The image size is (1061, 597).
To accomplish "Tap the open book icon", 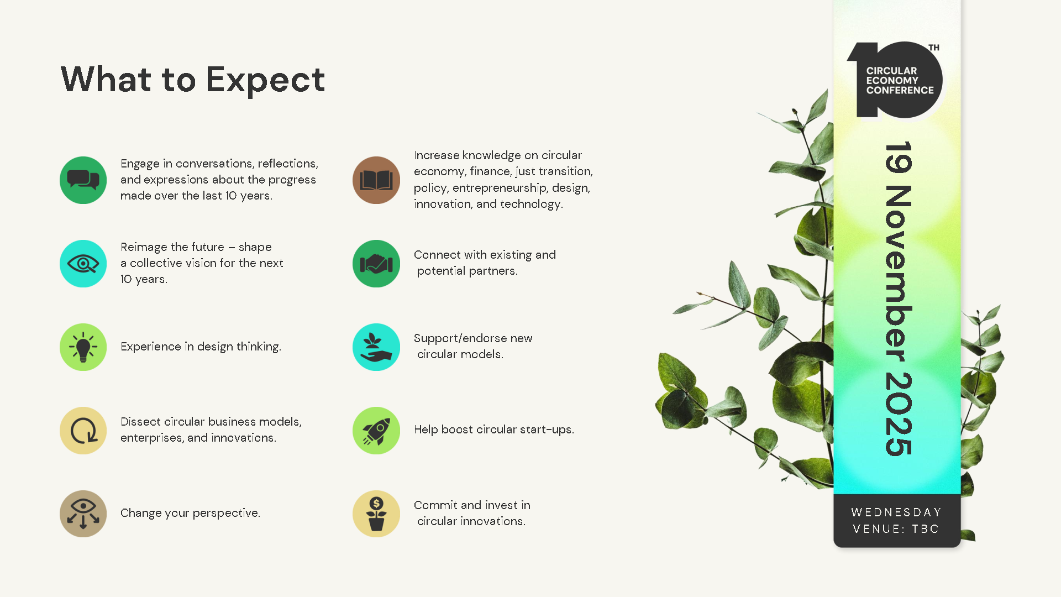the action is pos(376,180).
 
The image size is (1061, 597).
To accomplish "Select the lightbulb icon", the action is pos(83,347).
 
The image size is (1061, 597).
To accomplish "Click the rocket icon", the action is pos(376,431).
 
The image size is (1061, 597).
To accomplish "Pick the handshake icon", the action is pos(376,264).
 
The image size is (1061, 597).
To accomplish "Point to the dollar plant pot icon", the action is pos(376,514).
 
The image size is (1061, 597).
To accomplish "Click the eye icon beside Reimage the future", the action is pos(83,264).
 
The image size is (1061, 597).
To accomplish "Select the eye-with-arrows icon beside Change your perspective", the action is pos(83,514).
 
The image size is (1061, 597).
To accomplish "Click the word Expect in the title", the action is pos(265,80).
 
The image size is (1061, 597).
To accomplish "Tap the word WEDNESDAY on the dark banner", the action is pos(896,512).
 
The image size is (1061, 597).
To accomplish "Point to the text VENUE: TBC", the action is pos(896,529).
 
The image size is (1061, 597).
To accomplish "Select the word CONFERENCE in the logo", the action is pos(900,90).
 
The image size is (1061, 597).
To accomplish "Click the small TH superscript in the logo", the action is pos(934,48).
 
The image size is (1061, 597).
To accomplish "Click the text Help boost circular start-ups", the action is pos(494,430).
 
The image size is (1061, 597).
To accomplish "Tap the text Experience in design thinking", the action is pos(201,347).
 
